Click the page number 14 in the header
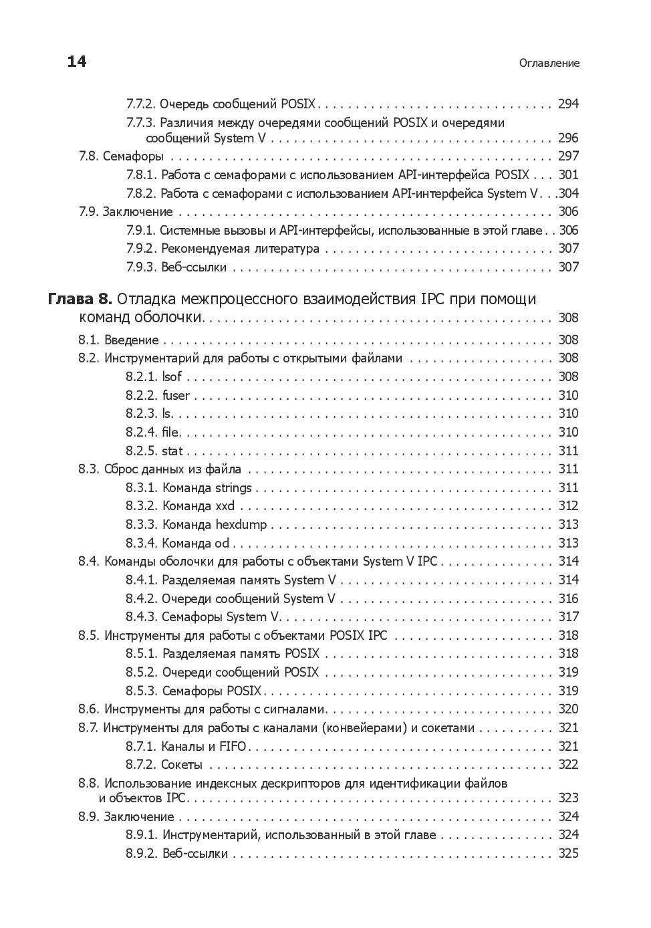[x=77, y=62]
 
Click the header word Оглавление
[x=549, y=64]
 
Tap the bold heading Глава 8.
[x=80, y=299]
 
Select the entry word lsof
[x=172, y=376]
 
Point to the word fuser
[x=176, y=395]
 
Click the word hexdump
[x=241, y=524]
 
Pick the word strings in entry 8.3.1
[x=233, y=487]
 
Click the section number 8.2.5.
[x=141, y=451]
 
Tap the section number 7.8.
[x=88, y=156]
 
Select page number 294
[x=568, y=104]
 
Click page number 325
[x=568, y=853]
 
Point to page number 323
[x=568, y=798]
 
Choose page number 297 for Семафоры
[x=568, y=156]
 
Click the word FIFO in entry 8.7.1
[x=233, y=746]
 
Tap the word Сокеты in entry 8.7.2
[x=182, y=764]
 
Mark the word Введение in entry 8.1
[x=132, y=340]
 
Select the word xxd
[x=225, y=506]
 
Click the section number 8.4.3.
[x=141, y=616]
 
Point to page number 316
[x=568, y=598]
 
